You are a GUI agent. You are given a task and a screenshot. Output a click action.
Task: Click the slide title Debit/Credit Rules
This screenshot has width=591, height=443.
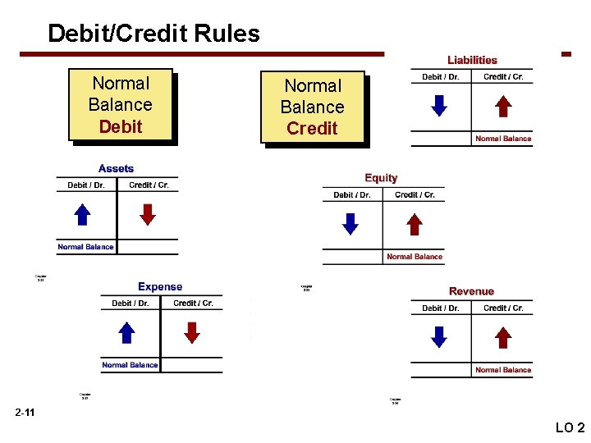(153, 34)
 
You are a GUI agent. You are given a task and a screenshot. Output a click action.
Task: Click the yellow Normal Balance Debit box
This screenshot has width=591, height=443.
(120, 104)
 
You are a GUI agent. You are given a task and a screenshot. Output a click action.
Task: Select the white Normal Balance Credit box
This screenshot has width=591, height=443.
(312, 107)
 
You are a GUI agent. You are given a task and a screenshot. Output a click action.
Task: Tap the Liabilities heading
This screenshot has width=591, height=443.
(472, 60)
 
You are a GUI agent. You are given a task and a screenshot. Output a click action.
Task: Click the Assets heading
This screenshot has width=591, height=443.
(116, 168)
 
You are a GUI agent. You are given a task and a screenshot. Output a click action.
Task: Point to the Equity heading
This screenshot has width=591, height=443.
(381, 178)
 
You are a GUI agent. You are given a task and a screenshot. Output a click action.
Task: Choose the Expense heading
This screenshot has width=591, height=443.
(160, 286)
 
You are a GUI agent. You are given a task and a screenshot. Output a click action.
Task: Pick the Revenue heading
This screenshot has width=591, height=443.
(471, 291)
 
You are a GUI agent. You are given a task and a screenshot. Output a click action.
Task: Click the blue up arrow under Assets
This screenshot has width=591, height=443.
(82, 214)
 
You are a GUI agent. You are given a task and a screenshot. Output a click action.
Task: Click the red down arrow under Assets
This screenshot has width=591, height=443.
(147, 214)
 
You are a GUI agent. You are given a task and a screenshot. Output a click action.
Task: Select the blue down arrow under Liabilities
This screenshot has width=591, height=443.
(439, 106)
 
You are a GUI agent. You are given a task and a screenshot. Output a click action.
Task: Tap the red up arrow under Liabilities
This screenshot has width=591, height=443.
(504, 106)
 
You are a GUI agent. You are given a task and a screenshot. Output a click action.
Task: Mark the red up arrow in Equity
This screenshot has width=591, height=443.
(415, 224)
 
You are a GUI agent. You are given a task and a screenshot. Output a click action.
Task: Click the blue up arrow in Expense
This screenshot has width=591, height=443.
(126, 332)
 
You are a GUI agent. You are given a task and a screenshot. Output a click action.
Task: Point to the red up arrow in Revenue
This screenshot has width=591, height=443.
(504, 337)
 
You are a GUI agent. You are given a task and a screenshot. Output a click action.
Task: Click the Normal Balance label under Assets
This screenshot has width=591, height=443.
(85, 247)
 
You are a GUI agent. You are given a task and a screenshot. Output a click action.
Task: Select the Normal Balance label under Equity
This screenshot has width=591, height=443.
(415, 257)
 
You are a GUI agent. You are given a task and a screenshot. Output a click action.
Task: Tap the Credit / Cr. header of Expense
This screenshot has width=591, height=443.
(193, 304)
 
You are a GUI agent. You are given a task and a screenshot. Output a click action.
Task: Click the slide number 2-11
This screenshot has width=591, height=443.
(25, 412)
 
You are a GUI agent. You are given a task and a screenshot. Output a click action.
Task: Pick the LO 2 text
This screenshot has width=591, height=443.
(570, 427)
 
